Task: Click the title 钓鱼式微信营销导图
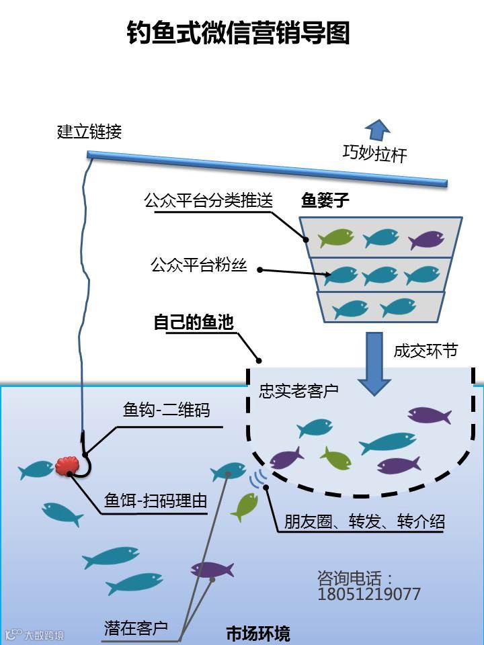point(239,32)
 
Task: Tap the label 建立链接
point(89,132)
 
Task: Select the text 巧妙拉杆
point(375,155)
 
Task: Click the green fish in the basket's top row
point(336,238)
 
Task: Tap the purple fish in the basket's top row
point(426,239)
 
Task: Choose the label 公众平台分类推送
point(208,201)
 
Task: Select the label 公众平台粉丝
point(199,265)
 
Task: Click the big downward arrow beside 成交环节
point(374,363)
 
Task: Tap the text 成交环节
point(426,351)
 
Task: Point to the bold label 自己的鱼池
point(194,322)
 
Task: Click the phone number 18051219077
point(369,594)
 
